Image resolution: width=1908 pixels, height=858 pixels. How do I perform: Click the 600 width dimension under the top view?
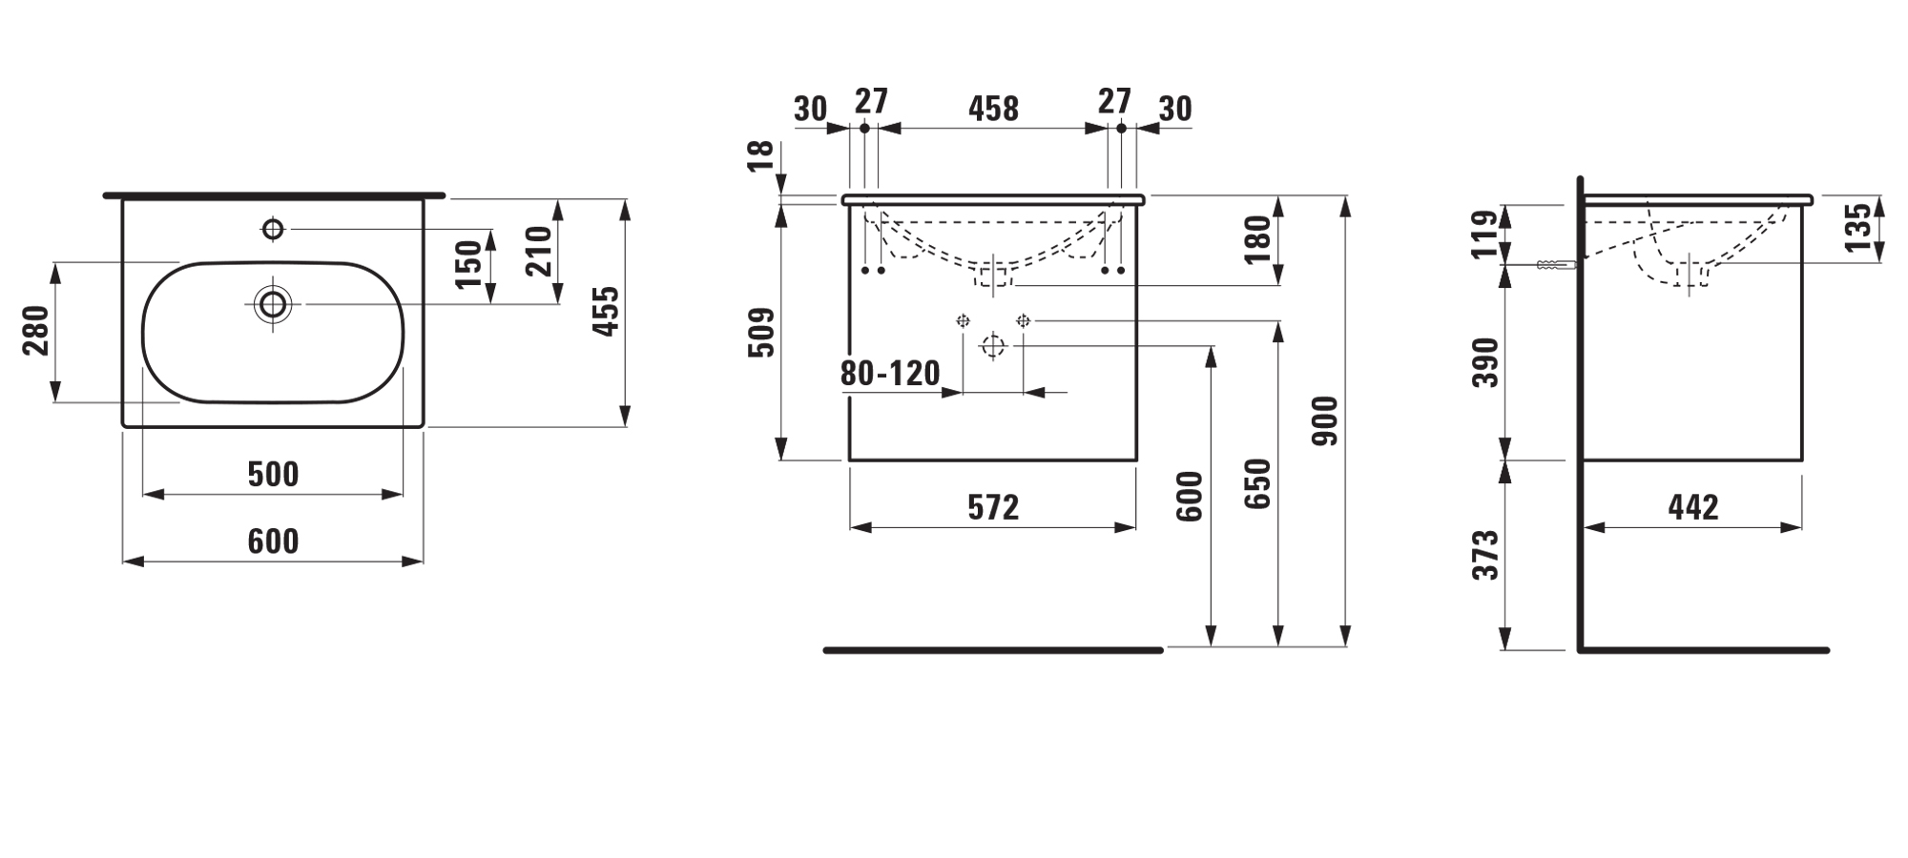click(x=273, y=541)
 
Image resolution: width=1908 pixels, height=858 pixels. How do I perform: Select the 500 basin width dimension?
click(x=273, y=474)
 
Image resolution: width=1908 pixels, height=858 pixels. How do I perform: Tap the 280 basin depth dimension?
click(x=35, y=330)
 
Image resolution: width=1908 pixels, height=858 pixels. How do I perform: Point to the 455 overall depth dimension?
click(x=606, y=311)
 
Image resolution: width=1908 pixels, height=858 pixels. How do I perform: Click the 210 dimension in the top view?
click(x=539, y=251)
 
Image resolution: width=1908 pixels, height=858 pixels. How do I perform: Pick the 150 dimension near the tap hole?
click(x=468, y=265)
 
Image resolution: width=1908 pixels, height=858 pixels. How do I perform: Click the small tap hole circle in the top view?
click(x=273, y=229)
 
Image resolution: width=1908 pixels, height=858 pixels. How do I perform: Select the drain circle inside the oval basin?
click(x=273, y=304)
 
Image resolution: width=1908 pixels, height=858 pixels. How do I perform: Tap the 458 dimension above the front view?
click(x=993, y=109)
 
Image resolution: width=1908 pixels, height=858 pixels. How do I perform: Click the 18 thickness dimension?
click(x=760, y=155)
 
